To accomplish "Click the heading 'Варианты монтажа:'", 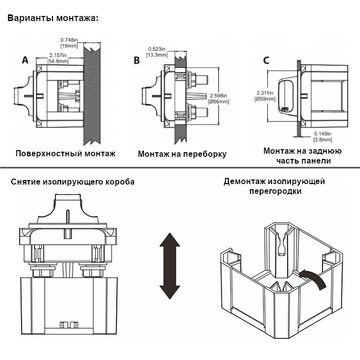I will pyautogui.click(x=52, y=19).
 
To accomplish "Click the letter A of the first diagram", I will pyautogui.click(x=25, y=60).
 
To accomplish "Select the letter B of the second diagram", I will pyautogui.click(x=136, y=61).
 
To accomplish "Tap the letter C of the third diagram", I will pyautogui.click(x=266, y=60).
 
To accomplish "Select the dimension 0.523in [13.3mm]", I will pyautogui.click(x=157, y=51).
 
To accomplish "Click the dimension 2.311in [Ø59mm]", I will pyautogui.click(x=266, y=96).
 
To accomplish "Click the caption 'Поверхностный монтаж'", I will pyautogui.click(x=65, y=153).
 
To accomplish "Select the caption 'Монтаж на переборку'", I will pyautogui.click(x=182, y=154).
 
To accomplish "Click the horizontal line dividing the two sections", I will pyautogui.click(x=180, y=168).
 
